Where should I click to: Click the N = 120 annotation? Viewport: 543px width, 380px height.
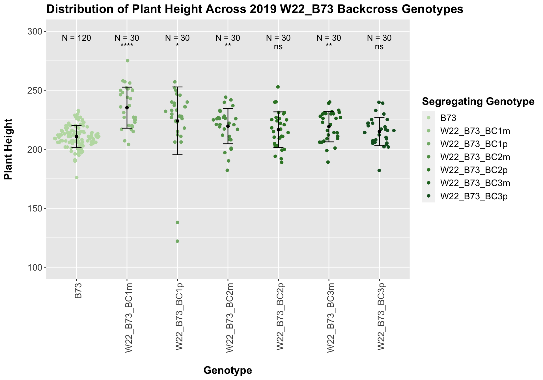76,38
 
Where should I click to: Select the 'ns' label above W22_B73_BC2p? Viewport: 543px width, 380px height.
278,47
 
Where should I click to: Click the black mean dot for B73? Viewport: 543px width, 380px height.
76,137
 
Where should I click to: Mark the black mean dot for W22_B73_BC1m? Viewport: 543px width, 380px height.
127,107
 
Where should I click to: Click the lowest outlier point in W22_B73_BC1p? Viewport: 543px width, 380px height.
177,241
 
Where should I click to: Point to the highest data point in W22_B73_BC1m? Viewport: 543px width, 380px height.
128,61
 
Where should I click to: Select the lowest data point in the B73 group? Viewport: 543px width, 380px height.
77,178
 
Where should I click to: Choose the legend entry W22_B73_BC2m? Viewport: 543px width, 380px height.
475,157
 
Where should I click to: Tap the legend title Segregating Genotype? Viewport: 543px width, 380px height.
478,102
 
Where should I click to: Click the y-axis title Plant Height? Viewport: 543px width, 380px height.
8,149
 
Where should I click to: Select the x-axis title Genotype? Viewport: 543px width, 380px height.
228,370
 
